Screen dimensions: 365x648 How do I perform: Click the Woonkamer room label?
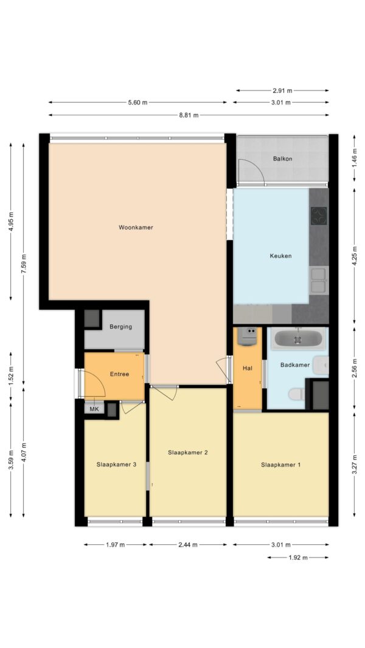(x=136, y=227)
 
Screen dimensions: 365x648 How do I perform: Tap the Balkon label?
(x=283, y=159)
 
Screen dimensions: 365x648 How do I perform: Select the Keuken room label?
(x=280, y=256)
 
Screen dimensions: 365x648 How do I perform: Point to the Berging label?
(x=121, y=327)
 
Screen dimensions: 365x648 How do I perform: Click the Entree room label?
(x=119, y=374)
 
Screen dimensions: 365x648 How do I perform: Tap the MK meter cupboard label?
(x=94, y=409)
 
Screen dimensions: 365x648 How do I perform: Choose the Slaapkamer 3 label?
(x=116, y=465)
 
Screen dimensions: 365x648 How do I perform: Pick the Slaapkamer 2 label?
(x=188, y=452)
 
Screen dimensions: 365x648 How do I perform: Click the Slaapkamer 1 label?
(x=280, y=465)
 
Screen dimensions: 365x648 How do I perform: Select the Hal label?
(x=248, y=368)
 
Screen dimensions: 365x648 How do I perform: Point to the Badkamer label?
(x=295, y=365)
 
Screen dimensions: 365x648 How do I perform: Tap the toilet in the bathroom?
(x=297, y=394)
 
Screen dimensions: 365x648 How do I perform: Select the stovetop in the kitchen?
(x=319, y=216)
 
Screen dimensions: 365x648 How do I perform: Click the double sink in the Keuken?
(x=319, y=281)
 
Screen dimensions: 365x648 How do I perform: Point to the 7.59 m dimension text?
(x=24, y=262)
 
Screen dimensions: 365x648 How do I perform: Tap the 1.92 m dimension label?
(x=298, y=558)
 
